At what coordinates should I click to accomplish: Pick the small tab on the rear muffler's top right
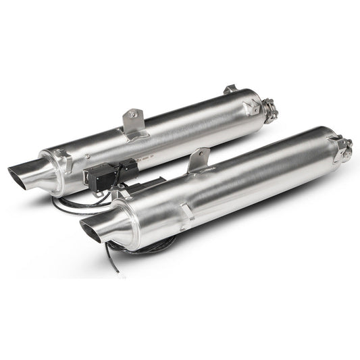click(230, 88)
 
